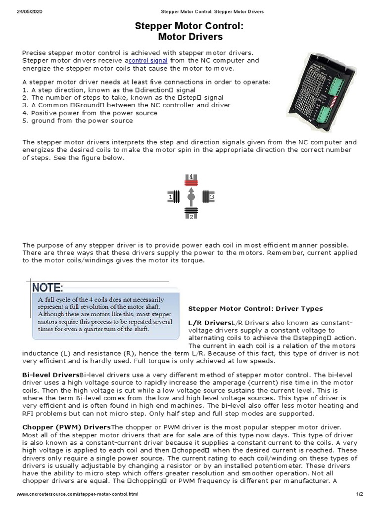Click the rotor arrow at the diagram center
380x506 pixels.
[x=191, y=197]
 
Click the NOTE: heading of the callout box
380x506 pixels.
[x=47, y=287]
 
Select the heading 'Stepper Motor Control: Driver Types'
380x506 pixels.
[x=255, y=308]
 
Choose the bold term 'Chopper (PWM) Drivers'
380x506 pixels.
[x=67, y=426]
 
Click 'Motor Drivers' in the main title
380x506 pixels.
[x=190, y=37]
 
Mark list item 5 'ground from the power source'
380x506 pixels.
[x=78, y=120]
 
